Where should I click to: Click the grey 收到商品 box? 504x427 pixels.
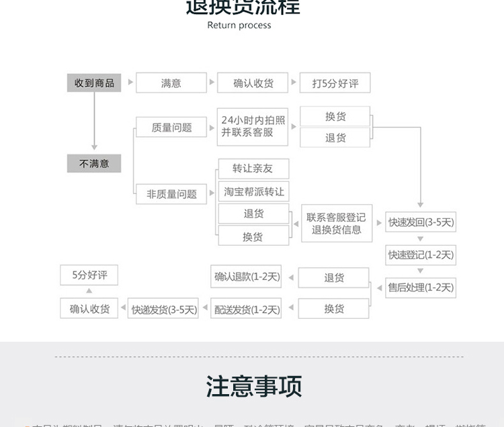coord(93,83)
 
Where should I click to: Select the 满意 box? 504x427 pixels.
coord(171,83)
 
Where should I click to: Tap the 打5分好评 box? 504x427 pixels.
coord(335,83)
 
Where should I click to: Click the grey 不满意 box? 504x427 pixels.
coord(93,163)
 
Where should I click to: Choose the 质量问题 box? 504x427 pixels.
coord(171,128)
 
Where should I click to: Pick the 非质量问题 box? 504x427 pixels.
coord(171,194)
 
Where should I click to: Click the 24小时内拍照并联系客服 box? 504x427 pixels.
coord(253,126)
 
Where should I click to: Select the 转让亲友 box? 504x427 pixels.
coord(253,168)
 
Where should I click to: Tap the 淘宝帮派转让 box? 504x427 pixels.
coord(253,191)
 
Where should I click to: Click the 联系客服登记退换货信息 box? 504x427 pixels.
coord(336,224)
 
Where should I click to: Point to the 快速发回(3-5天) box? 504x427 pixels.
coord(421,222)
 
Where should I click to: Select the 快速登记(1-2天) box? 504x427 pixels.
coord(421,255)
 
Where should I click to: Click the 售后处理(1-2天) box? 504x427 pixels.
coord(421,287)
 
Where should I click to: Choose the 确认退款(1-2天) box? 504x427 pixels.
coord(246,277)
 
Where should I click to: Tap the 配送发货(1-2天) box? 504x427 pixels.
coord(246,309)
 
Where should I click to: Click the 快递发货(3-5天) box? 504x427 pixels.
coord(163,310)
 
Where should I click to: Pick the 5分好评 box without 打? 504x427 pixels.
coord(89,275)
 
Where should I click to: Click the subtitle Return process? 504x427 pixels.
coord(239,26)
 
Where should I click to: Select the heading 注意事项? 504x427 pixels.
coord(253,387)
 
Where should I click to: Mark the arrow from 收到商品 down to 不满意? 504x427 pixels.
coord(94,121)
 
